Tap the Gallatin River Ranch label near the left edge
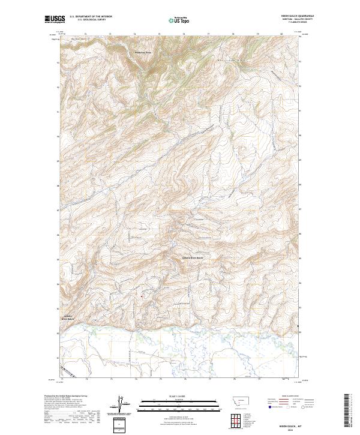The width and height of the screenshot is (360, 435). coord(68,317)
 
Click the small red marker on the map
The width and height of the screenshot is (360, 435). coord(142,295)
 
